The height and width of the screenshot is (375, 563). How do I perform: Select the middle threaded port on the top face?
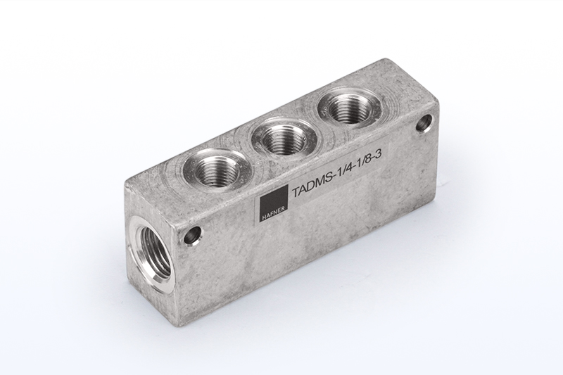pos(284,138)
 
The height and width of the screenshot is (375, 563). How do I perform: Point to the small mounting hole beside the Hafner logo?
pos(194,237)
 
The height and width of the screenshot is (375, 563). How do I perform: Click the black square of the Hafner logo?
pos(274,201)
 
